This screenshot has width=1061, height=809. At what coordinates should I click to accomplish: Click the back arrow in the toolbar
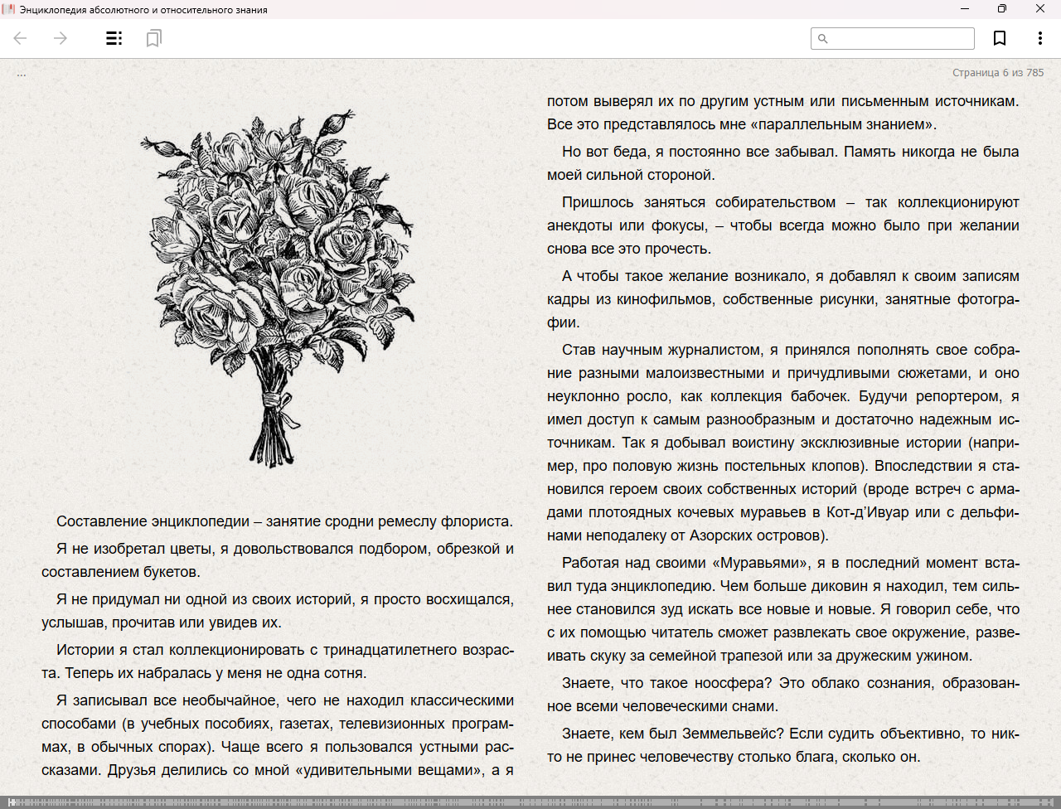(21, 38)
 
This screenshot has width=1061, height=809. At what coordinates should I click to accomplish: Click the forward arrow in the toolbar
(61, 38)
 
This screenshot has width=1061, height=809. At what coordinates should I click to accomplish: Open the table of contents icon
(114, 38)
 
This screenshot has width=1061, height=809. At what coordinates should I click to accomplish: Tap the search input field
(899, 38)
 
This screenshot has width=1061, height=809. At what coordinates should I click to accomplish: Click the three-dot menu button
(1039, 38)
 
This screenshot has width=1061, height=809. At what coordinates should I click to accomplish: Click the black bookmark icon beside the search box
(1000, 38)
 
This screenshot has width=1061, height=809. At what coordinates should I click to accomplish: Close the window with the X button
(1040, 9)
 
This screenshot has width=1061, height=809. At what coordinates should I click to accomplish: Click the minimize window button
(965, 9)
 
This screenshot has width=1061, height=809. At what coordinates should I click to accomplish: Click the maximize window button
(1002, 9)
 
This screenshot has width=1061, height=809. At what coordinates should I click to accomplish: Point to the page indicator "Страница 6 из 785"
(998, 73)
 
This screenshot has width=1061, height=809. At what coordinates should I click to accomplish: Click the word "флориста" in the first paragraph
(477, 522)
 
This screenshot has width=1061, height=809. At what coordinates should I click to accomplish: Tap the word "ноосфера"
(736, 684)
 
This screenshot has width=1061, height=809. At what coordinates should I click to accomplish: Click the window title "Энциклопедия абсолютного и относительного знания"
(143, 10)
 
